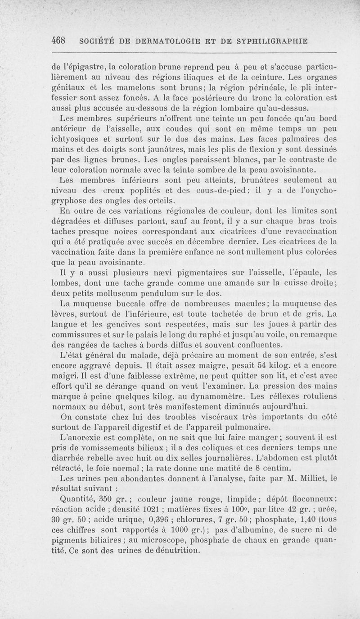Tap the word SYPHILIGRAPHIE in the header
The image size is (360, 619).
[x=268, y=41]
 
